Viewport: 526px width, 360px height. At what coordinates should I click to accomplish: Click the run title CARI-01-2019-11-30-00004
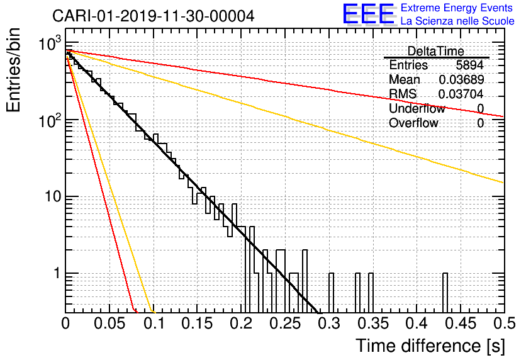tap(154, 16)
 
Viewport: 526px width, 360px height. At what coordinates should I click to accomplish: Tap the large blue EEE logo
tap(368, 15)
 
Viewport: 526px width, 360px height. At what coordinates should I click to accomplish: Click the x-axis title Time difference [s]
tap(430, 346)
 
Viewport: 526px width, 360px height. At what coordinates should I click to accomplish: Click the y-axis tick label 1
tap(55, 274)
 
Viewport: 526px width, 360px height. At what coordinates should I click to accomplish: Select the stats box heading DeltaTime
tap(436, 51)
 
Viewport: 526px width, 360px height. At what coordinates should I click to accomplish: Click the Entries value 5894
tap(470, 65)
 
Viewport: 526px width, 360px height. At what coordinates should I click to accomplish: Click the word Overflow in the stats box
tap(413, 123)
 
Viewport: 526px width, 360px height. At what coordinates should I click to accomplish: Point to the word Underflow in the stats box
tap(417, 108)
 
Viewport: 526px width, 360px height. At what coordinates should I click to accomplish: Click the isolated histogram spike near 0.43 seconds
tap(445, 291)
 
